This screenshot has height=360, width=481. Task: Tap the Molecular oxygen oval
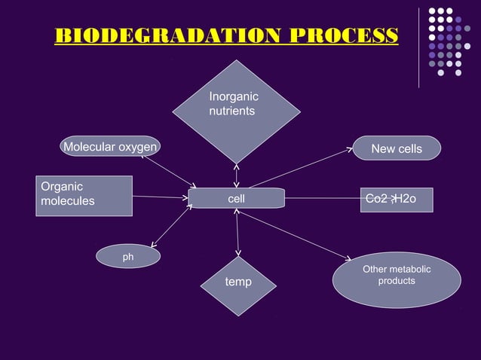tap(110, 147)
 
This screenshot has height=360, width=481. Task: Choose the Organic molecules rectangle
tap(84, 195)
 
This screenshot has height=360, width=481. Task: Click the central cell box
tap(236, 199)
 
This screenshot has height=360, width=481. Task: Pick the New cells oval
tap(397, 148)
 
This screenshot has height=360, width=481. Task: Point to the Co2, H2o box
tap(397, 200)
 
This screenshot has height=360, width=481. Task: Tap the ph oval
tap(128, 257)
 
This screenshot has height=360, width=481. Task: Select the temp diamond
tap(238, 285)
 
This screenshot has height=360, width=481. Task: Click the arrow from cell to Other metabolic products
tap(294, 236)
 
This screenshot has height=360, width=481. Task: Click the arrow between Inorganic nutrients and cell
tap(236, 175)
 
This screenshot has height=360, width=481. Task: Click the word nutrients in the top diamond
tap(232, 111)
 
